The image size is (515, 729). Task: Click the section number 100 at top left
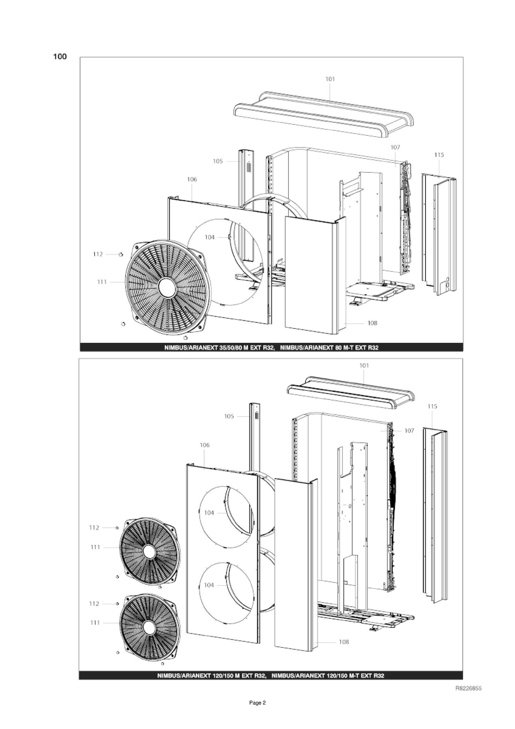coord(60,57)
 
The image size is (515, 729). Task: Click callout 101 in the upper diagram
coord(330,79)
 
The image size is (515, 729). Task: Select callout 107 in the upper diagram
coord(395,147)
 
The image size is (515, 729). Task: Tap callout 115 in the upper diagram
coord(439,155)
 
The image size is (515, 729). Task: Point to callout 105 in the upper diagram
coord(218,161)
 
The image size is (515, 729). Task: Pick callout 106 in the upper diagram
coord(192,179)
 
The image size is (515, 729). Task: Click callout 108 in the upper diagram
coord(372,323)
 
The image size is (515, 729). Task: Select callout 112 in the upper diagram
coord(98,254)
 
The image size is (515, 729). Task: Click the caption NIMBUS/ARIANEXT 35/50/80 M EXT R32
coord(219,348)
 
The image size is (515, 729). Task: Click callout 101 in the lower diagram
coord(364,365)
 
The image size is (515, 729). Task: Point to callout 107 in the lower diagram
coord(409,431)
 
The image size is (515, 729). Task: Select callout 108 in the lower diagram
coord(344,642)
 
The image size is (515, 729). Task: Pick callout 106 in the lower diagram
coord(205,445)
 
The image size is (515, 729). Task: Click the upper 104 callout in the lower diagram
coord(209,513)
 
